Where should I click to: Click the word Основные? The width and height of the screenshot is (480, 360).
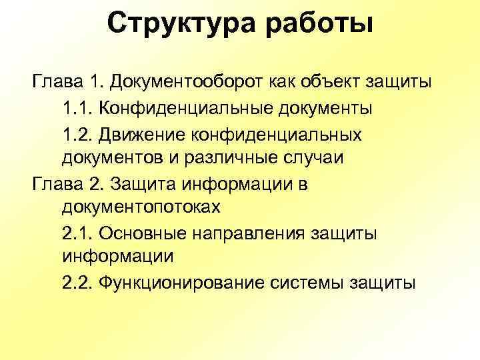click(x=145, y=234)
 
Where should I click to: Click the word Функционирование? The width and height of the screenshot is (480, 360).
click(x=181, y=283)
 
